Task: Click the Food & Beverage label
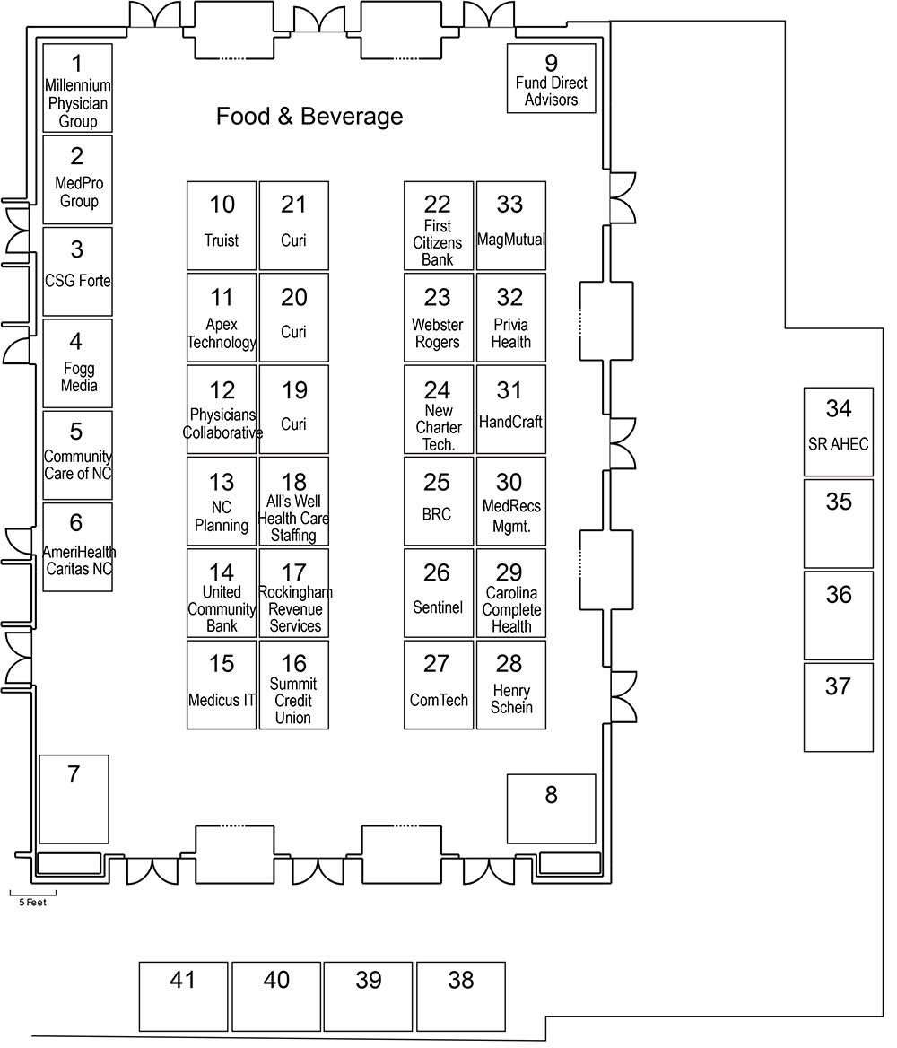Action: (x=309, y=117)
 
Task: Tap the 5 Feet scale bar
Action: (x=33, y=895)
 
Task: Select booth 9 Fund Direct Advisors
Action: (x=551, y=79)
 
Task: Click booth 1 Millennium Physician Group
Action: (x=78, y=88)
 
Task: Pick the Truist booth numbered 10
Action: (x=222, y=225)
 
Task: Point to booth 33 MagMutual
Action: (x=510, y=225)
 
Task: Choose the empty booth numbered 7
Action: (x=74, y=799)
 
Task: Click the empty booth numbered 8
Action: (x=552, y=808)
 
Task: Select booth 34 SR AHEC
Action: (x=838, y=432)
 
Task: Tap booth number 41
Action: (x=183, y=996)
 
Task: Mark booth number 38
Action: (x=461, y=996)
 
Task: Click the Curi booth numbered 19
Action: (x=294, y=408)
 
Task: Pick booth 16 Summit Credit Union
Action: (x=294, y=684)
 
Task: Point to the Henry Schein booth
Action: (x=510, y=684)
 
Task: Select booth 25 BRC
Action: (x=438, y=501)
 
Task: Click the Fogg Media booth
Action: (x=78, y=362)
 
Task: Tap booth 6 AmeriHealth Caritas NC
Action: (x=78, y=546)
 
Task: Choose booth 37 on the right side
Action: (x=838, y=707)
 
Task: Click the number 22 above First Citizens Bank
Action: (x=438, y=205)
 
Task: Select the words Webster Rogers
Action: (x=437, y=333)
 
